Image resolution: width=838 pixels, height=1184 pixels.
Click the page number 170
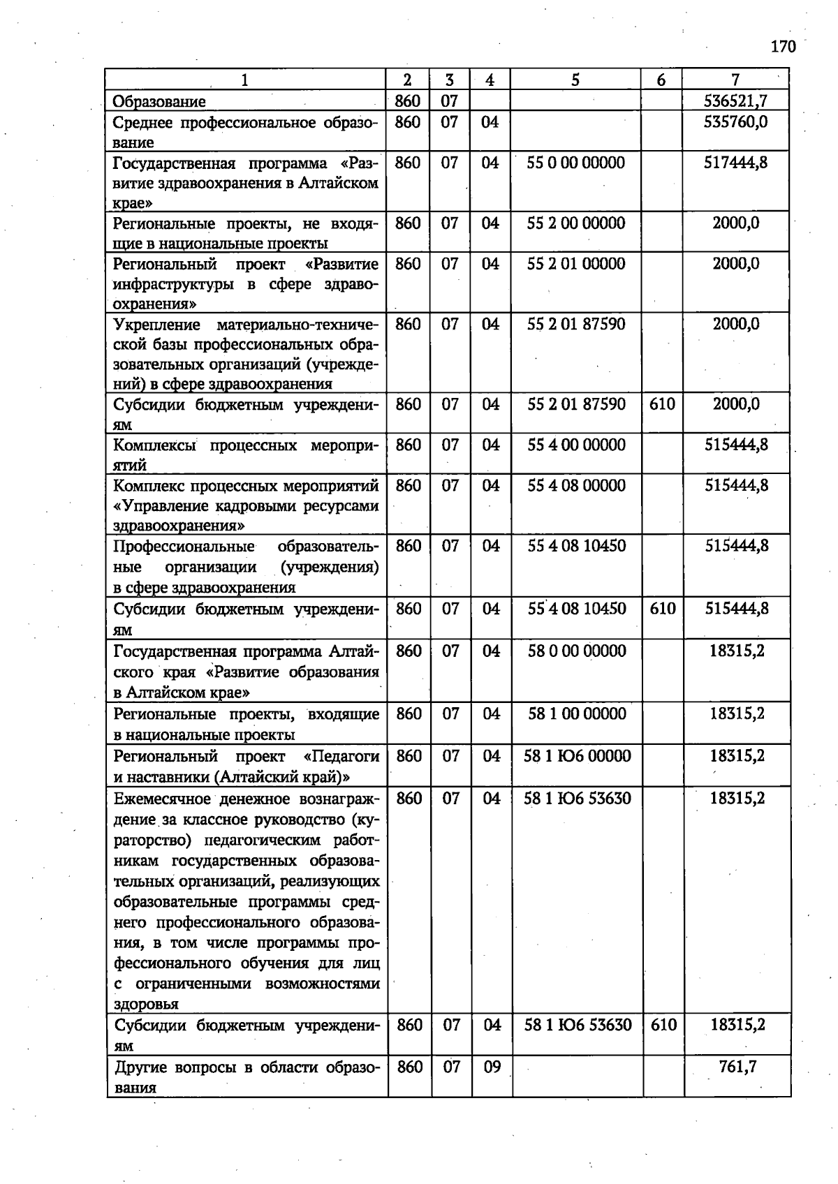tap(783, 47)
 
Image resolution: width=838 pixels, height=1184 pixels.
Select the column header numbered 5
tap(575, 80)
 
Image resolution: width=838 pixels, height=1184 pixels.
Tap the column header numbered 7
tap(735, 80)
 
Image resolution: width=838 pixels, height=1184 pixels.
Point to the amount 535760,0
tap(735, 122)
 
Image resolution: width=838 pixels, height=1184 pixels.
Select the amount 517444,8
tap(735, 163)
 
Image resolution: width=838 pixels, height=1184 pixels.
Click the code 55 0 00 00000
tap(576, 163)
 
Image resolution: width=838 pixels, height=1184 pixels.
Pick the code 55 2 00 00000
tap(576, 223)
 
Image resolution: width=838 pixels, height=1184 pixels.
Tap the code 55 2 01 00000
tap(576, 264)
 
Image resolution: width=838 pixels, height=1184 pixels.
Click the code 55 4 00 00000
tap(576, 445)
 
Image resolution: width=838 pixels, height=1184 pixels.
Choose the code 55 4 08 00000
tap(576, 485)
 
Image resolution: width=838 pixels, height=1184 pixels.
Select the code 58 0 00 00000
tap(577, 651)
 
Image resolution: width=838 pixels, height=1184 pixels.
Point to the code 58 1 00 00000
tap(577, 714)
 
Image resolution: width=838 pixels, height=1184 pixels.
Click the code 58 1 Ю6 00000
tap(577, 756)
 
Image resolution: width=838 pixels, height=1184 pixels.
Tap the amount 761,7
tap(737, 1067)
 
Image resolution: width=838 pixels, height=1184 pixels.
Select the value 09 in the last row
tap(492, 1067)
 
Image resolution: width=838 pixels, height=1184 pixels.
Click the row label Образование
tap(160, 102)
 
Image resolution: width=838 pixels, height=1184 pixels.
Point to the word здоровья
tap(147, 1005)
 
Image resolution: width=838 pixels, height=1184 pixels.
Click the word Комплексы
tap(155, 445)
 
